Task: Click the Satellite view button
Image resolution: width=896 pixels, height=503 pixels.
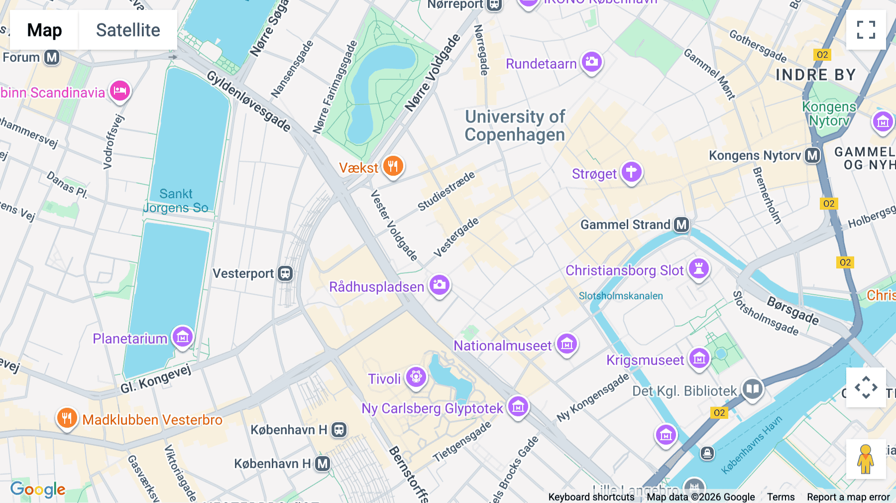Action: pyautogui.click(x=128, y=30)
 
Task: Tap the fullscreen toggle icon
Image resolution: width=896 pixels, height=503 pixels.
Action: pyautogui.click(x=866, y=30)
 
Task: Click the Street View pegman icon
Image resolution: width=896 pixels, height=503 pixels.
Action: pyautogui.click(x=866, y=459)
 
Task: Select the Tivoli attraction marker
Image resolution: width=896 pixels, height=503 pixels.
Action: pyautogui.click(x=416, y=377)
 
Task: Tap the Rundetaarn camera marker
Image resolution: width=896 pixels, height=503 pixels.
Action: pyautogui.click(x=591, y=62)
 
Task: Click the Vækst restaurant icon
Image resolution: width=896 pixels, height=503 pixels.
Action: pyautogui.click(x=393, y=166)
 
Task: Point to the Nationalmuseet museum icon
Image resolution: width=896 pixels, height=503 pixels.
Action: pyautogui.click(x=566, y=344)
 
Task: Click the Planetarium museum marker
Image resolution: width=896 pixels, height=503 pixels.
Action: pyautogui.click(x=182, y=337)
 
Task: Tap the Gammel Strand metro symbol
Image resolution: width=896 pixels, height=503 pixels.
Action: pyautogui.click(x=681, y=225)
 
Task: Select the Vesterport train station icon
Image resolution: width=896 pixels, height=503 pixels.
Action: pyautogui.click(x=285, y=273)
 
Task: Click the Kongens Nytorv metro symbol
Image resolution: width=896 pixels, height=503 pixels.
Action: pyautogui.click(x=812, y=156)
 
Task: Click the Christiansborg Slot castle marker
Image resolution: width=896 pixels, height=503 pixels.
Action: pyautogui.click(x=698, y=269)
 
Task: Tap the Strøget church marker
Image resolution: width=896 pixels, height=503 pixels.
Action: pyautogui.click(x=631, y=172)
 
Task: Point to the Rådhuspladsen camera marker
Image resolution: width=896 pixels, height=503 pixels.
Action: pyautogui.click(x=440, y=285)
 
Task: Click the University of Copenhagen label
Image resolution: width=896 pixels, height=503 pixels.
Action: pyautogui.click(x=515, y=126)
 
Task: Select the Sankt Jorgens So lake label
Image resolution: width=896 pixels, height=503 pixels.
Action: pyautogui.click(x=176, y=201)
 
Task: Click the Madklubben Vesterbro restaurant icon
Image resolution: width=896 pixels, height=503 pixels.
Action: pyautogui.click(x=67, y=418)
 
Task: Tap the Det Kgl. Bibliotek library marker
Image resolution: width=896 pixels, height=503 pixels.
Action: pyautogui.click(x=752, y=388)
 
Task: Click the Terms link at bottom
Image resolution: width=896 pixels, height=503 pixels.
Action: pyautogui.click(x=781, y=497)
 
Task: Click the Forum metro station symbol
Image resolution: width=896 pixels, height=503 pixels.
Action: pyautogui.click(x=52, y=58)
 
